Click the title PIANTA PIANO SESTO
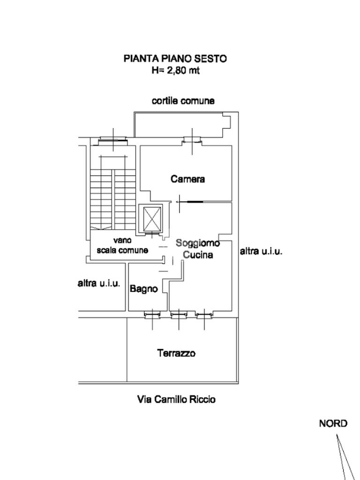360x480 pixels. pos(175,59)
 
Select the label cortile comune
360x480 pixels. pos(183,101)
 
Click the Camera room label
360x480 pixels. pos(187,179)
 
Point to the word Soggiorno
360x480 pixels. pos(198,243)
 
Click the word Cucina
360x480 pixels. pos(198,255)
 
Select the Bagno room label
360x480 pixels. pos(144,289)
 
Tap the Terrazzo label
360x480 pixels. pos(176,353)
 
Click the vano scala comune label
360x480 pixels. pos(122,246)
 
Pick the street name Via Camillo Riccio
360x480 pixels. pos(176,399)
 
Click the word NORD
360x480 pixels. pos(333,424)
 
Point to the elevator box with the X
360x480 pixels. pos(152,219)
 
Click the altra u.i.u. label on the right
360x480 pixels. pos(261,252)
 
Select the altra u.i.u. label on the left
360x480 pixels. pos(99,284)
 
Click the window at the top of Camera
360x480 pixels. pos(192,140)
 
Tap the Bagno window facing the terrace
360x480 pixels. pos(152,314)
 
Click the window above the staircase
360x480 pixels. pos(113,140)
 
